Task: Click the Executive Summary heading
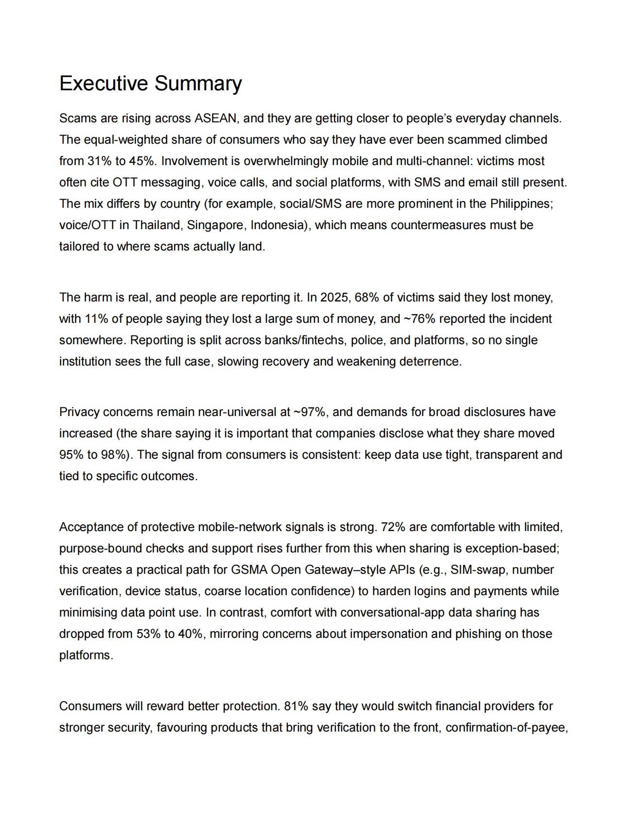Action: pyautogui.click(x=150, y=83)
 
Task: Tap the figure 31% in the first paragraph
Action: pyautogui.click(x=100, y=161)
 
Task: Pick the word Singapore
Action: pyautogui.click(x=216, y=225)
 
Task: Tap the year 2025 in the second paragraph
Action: pyautogui.click(x=334, y=298)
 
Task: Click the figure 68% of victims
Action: pyautogui.click(x=367, y=298)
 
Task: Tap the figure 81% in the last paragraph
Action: pyautogui.click(x=296, y=706)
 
